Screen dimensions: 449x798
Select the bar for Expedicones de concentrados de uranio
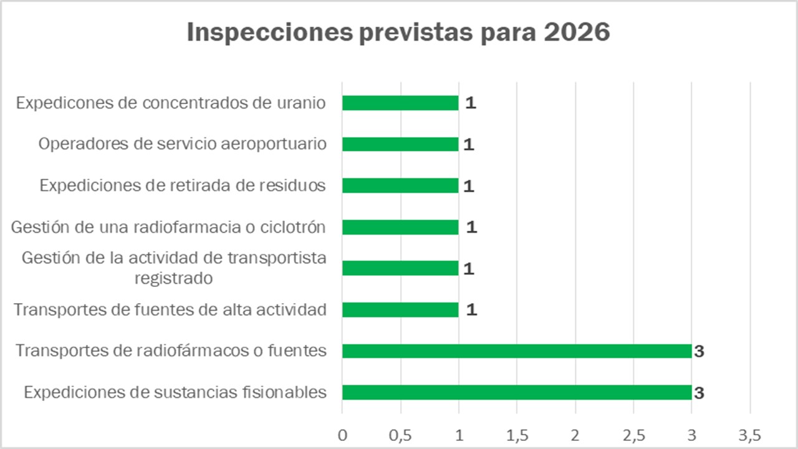pyautogui.click(x=400, y=103)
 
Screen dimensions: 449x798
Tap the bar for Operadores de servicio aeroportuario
pyautogui.click(x=400, y=144)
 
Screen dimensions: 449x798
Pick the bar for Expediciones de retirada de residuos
pyautogui.click(x=400, y=186)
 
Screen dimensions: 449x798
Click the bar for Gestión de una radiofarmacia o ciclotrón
pyautogui.click(x=400, y=227)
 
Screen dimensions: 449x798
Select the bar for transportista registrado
pyautogui.click(x=400, y=268)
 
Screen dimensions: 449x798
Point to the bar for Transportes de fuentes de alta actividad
pyautogui.click(x=400, y=309)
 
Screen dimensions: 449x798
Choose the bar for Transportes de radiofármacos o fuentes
pyautogui.click(x=516, y=351)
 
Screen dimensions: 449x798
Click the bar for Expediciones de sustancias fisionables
pyautogui.click(x=516, y=392)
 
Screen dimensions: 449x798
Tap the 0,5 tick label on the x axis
pyautogui.click(x=400, y=435)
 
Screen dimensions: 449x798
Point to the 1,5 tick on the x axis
pyautogui.click(x=517, y=435)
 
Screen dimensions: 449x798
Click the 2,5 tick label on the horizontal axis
pyautogui.click(x=633, y=435)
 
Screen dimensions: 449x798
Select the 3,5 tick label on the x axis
pyautogui.click(x=750, y=435)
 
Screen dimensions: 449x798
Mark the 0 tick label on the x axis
pyautogui.click(x=342, y=435)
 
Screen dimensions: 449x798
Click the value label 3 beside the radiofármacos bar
pyautogui.click(x=699, y=352)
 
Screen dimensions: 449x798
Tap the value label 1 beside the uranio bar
pyautogui.click(x=471, y=103)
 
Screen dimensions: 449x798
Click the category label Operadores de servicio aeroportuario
pyautogui.click(x=182, y=144)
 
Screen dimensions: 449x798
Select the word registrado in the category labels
pyautogui.click(x=174, y=278)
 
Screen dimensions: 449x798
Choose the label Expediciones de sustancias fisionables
pyautogui.click(x=175, y=392)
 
